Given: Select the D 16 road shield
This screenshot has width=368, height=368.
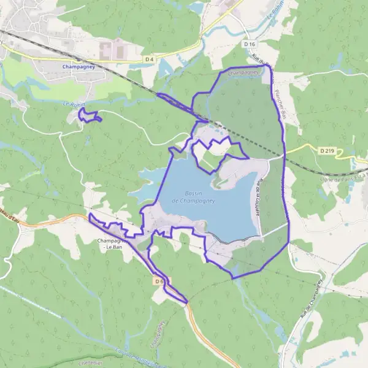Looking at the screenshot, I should pyautogui.click(x=248, y=44).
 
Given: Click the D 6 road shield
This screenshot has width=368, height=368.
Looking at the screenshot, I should pyautogui.click(x=159, y=281).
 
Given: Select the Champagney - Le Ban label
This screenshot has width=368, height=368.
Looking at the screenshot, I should pyautogui.click(x=114, y=243).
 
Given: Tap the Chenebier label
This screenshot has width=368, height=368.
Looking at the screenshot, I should pyautogui.click(x=89, y=362).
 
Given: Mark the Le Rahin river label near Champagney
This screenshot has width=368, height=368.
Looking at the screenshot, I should pyautogui.click(x=73, y=104).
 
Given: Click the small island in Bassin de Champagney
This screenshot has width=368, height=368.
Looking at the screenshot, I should pyautogui.click(x=217, y=182).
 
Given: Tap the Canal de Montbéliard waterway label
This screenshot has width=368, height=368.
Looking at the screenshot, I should pyautogui.click(x=132, y=355).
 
